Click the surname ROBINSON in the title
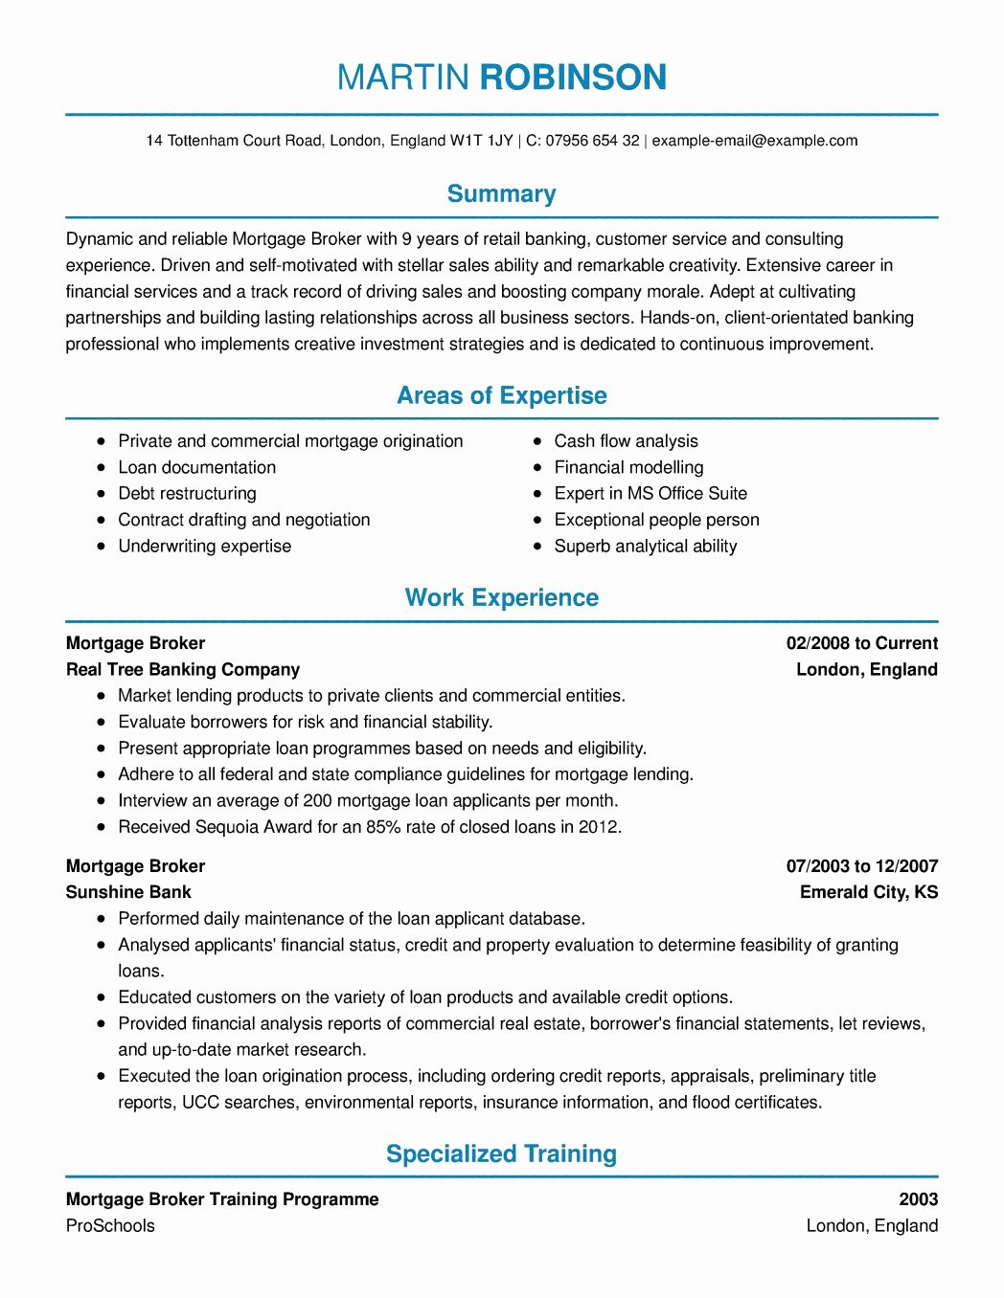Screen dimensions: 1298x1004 [x=572, y=78]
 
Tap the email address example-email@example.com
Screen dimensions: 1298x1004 [x=755, y=141]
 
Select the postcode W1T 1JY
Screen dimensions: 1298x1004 [x=482, y=141]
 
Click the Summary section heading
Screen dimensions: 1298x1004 [x=501, y=194]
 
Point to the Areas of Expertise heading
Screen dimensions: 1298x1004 [x=501, y=396]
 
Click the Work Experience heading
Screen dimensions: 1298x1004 [x=501, y=598]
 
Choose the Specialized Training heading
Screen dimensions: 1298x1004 [x=501, y=1154]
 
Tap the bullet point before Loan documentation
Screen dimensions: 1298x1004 [x=102, y=467]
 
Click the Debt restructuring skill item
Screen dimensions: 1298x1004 [x=187, y=494]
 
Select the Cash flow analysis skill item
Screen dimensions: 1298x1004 [x=626, y=441]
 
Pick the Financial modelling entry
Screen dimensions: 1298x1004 [x=628, y=467]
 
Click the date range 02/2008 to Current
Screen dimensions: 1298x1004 [x=861, y=643]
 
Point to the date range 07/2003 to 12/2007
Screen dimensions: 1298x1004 [x=861, y=866]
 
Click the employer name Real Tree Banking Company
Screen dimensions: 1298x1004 [x=183, y=670]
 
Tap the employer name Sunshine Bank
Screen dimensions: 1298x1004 [x=128, y=892]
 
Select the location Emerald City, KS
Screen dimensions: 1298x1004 [x=869, y=892]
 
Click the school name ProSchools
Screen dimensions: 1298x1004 [x=110, y=1226]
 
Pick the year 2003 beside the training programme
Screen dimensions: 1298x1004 [x=918, y=1199]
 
